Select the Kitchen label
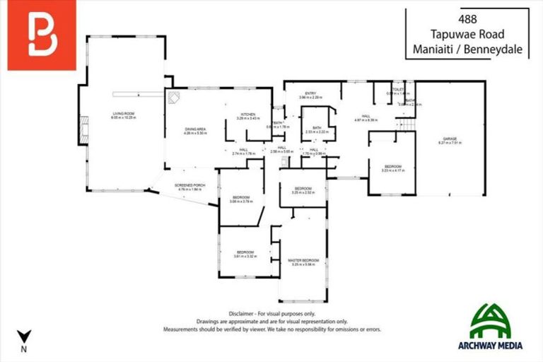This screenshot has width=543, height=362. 248,115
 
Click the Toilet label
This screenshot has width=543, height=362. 398,91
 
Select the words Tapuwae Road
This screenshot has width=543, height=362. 467,35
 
